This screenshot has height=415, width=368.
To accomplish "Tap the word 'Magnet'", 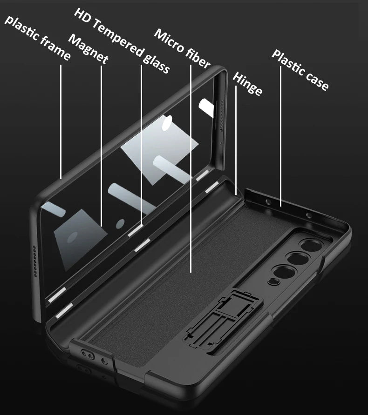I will tap(89, 49).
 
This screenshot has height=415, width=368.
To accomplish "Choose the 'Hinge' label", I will tap(247, 84).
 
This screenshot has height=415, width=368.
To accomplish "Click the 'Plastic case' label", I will tap(300, 70).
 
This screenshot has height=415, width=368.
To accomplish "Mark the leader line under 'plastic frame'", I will tap(61, 121).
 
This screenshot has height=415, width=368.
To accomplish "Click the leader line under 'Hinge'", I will tap(236, 140).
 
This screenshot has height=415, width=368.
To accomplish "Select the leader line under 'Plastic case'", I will tap(280, 135).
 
